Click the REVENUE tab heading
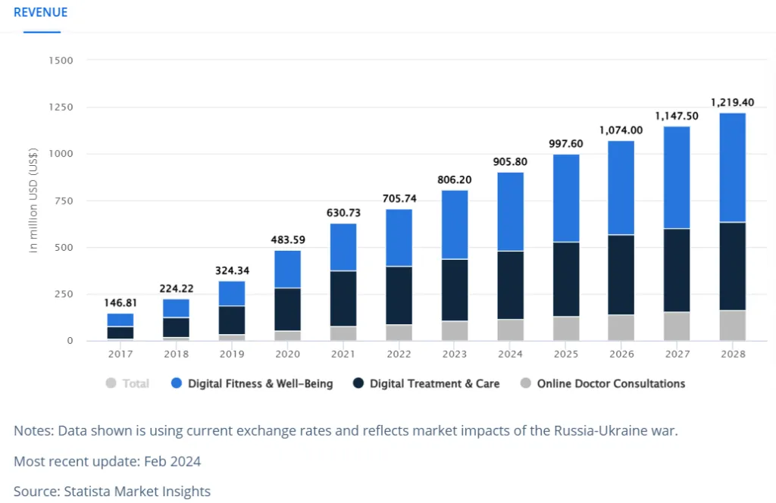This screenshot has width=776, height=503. pyautogui.click(x=41, y=12)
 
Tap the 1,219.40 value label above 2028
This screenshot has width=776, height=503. pyautogui.click(x=732, y=101)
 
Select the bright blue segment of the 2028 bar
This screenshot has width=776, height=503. pyautogui.click(x=732, y=167)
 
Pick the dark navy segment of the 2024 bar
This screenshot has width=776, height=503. pyautogui.click(x=510, y=285)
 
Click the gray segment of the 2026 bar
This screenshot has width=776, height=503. pyautogui.click(x=621, y=327)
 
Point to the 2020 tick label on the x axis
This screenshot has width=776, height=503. pyautogui.click(x=287, y=354)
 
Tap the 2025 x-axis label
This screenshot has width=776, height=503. pyautogui.click(x=565, y=354)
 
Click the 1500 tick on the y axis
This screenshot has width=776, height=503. pyautogui.click(x=61, y=60)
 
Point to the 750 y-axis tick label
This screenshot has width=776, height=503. pyautogui.click(x=64, y=201)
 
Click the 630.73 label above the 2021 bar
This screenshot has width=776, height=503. pyautogui.click(x=343, y=213)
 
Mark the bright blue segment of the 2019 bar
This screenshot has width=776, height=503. pyautogui.click(x=232, y=293)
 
